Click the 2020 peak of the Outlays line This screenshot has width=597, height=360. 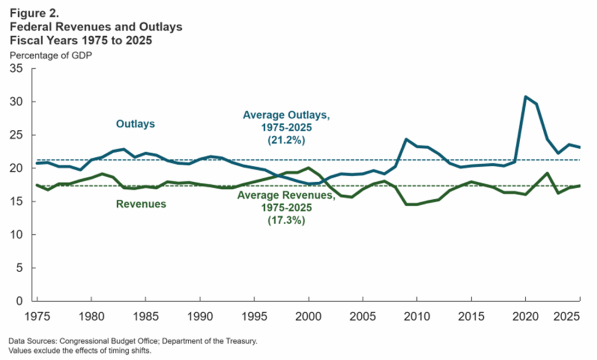click(525, 97)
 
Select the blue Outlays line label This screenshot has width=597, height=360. click(135, 123)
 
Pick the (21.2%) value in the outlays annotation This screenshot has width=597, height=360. click(286, 141)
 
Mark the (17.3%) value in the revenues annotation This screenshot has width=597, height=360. click(286, 222)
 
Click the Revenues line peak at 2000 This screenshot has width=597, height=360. click(308, 168)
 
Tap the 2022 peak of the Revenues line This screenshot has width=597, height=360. click(547, 173)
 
